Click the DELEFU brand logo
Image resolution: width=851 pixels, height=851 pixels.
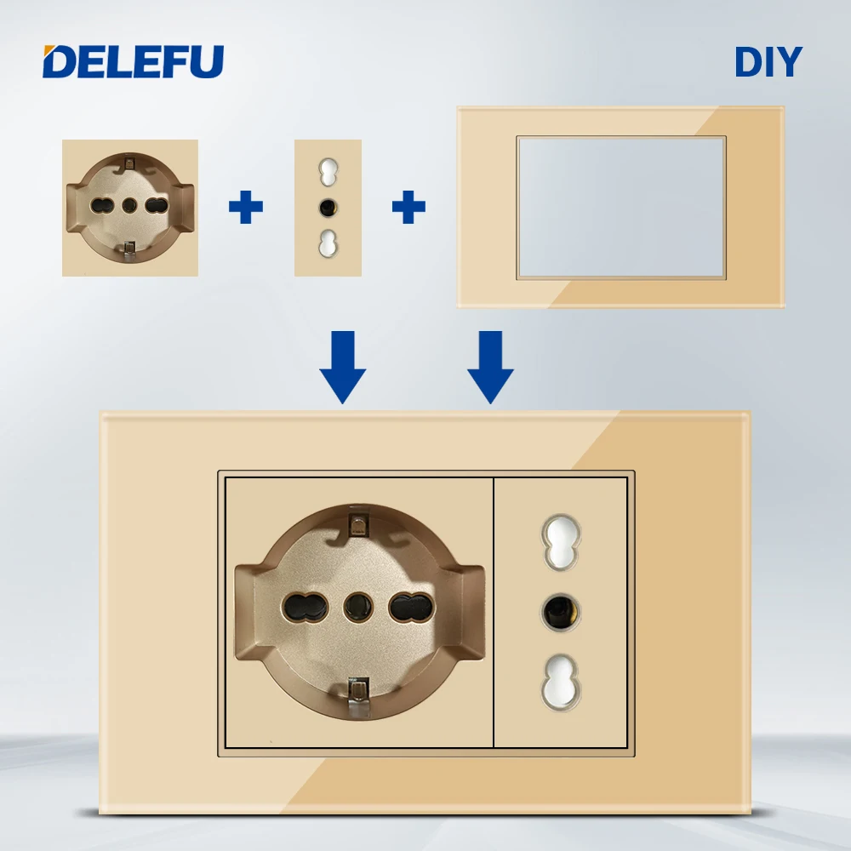(x=133, y=61)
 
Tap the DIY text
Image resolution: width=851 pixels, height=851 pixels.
(x=768, y=62)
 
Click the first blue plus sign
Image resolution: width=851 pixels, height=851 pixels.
(x=246, y=207)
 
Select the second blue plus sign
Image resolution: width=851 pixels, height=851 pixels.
(x=408, y=207)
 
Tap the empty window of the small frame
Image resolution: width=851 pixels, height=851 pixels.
(x=621, y=207)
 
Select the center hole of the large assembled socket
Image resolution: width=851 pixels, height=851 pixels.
(x=357, y=606)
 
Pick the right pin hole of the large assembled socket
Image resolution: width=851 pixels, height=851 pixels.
(x=406, y=606)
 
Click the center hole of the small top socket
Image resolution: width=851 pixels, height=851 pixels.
(x=130, y=205)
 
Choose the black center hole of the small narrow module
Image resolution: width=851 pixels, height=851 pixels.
(x=328, y=207)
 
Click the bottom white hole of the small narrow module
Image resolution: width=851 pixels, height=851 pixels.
(x=328, y=243)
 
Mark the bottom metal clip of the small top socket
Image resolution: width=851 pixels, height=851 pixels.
(x=129, y=249)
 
